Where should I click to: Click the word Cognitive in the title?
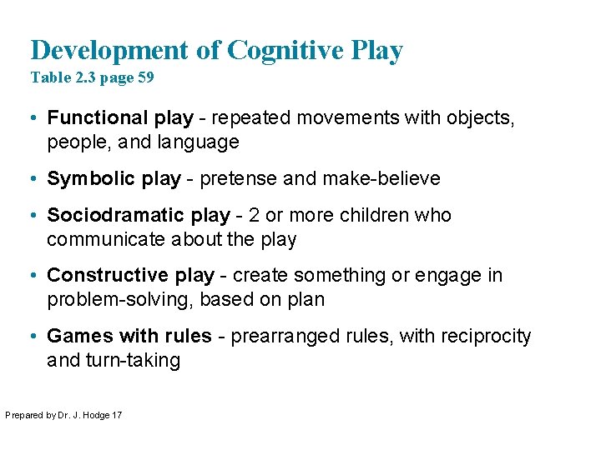(284, 51)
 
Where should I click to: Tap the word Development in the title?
(111, 51)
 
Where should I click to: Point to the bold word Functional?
(95, 118)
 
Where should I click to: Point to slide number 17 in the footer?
(116, 414)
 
